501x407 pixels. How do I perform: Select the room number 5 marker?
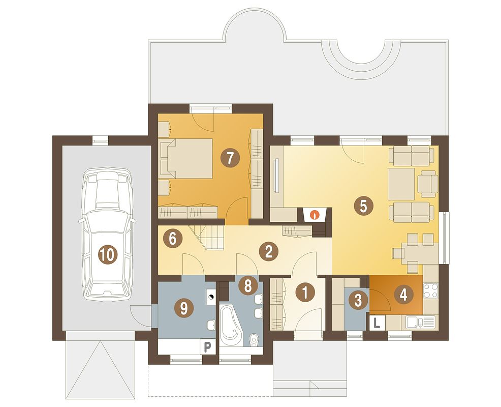(x=363, y=206)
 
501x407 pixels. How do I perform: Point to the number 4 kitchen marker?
(x=403, y=295)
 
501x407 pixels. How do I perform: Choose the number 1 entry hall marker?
(x=305, y=292)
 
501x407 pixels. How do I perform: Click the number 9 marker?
(x=184, y=308)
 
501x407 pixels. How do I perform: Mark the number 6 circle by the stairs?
(x=172, y=239)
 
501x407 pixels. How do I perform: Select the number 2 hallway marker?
(x=269, y=251)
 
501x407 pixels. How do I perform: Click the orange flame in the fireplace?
(x=315, y=214)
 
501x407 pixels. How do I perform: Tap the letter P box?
(x=207, y=347)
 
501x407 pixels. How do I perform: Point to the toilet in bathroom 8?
(x=254, y=340)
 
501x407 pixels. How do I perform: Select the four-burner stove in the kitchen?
(x=430, y=290)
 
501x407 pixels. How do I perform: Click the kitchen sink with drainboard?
(x=420, y=323)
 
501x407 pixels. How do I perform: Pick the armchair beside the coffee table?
(x=427, y=184)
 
